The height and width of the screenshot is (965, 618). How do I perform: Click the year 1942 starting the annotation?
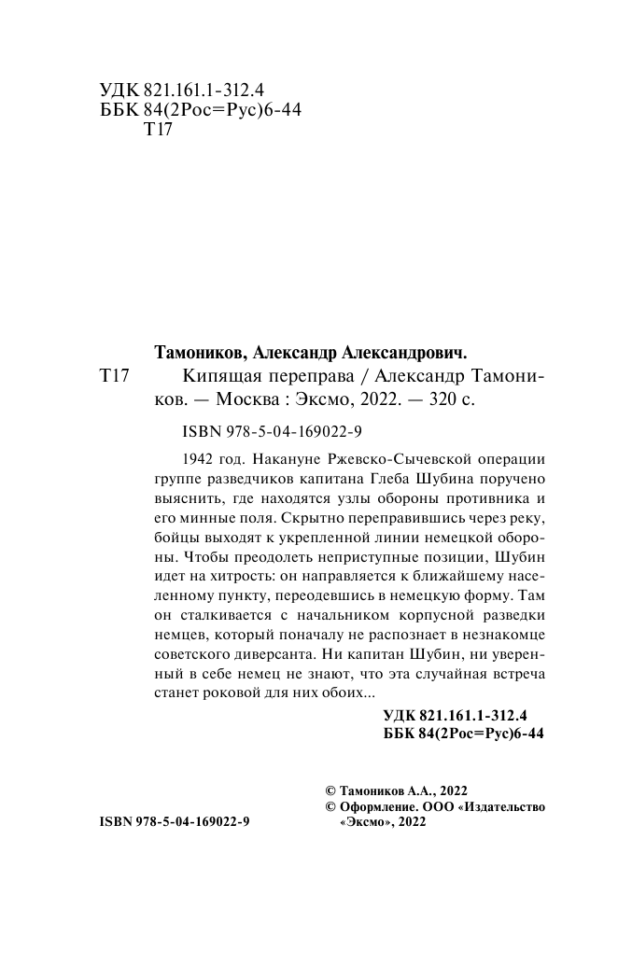pyautogui.click(x=193, y=460)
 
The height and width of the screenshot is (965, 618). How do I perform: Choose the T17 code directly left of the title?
pyautogui.click(x=113, y=376)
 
